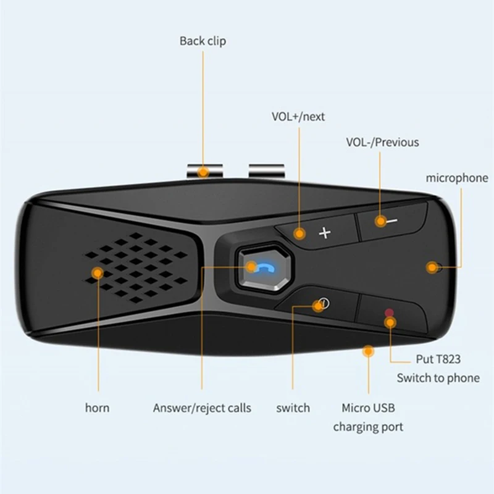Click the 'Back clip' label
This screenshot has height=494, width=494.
(x=203, y=41)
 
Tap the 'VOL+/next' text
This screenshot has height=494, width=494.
(x=298, y=116)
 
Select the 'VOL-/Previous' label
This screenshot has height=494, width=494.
(x=382, y=142)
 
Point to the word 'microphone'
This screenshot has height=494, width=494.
(x=457, y=178)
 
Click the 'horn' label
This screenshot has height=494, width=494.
(x=98, y=408)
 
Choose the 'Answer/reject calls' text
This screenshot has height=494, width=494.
(x=202, y=408)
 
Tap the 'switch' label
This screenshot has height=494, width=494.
(x=293, y=408)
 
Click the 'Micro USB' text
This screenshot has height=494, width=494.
(x=368, y=408)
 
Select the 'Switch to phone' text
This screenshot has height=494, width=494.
(x=438, y=378)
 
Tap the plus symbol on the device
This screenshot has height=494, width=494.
(x=325, y=233)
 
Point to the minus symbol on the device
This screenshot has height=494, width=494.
(x=391, y=220)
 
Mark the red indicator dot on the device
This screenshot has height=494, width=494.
(x=388, y=312)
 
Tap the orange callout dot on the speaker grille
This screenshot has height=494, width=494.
(x=97, y=272)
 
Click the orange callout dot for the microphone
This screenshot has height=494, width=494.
(x=432, y=267)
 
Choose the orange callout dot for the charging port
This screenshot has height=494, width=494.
(x=369, y=351)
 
